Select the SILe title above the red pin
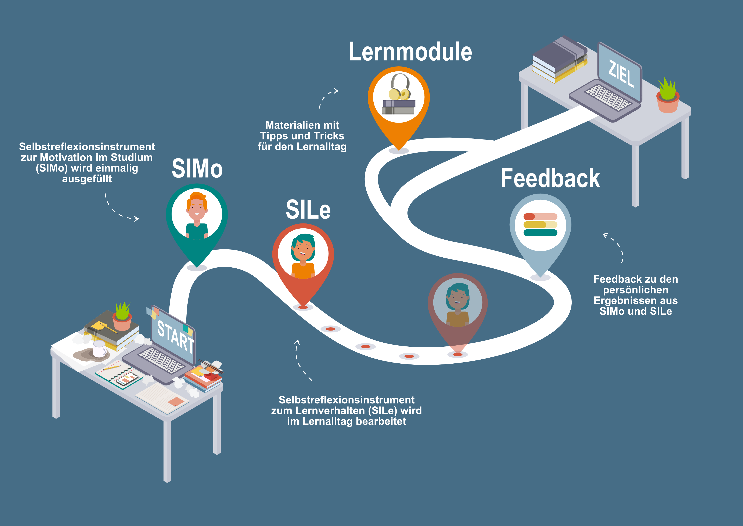click(308, 209)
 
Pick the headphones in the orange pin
click(400, 87)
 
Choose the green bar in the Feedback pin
click(540, 233)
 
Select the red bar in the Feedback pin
click(540, 217)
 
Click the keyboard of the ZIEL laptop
click(608, 97)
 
